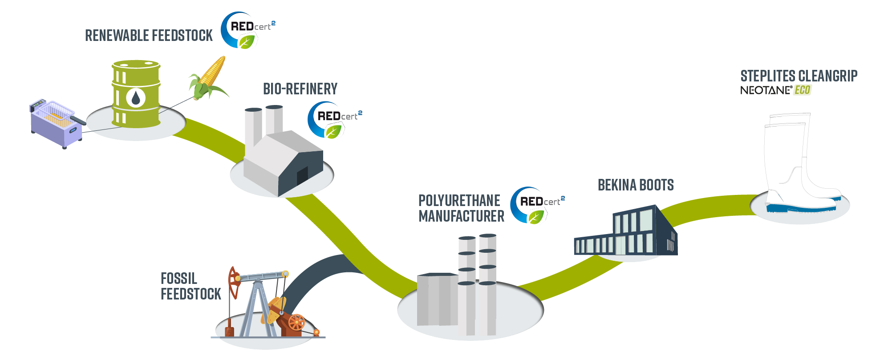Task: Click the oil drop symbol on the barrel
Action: pyautogui.click(x=136, y=97)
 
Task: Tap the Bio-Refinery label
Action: pyautogui.click(x=300, y=89)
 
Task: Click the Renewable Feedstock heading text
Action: pyautogui.click(x=149, y=36)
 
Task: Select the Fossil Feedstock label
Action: pyautogui.click(x=190, y=286)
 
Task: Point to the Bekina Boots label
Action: pyautogui.click(x=635, y=185)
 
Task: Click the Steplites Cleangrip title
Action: pyautogui.click(x=799, y=76)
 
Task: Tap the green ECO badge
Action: pyautogui.click(x=803, y=90)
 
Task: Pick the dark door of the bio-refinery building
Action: pyautogui.click(x=302, y=176)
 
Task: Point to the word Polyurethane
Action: pyautogui.click(x=459, y=201)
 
